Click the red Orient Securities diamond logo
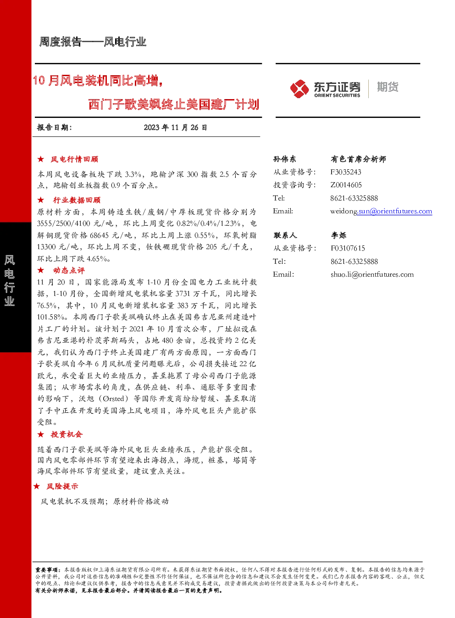pyautogui.click(x=299, y=89)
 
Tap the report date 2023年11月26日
pyautogui.click(x=175, y=128)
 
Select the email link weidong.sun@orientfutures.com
pyautogui.click(x=381, y=212)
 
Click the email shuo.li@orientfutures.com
pyautogui.click(x=372, y=274)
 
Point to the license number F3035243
pyautogui.click(x=346, y=172)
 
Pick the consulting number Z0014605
pyautogui.click(x=346, y=185)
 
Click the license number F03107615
pyautogui.click(x=348, y=248)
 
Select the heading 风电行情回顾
pyautogui.click(x=74, y=159)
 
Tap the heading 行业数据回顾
pyautogui.click(x=77, y=200)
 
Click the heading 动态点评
pyautogui.click(x=69, y=270)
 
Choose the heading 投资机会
pyautogui.click(x=67, y=434)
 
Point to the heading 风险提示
pyautogui.click(x=62, y=486)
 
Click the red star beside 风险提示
pyautogui.click(x=36, y=486)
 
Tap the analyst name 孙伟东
pyautogui.click(x=284, y=159)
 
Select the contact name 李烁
pyautogui.click(x=338, y=235)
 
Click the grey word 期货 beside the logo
pyautogui.click(x=388, y=87)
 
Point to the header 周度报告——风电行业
pyautogui.click(x=93, y=42)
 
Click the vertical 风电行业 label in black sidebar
pyautogui.click(x=10, y=281)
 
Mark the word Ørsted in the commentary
pyautogui.click(x=113, y=399)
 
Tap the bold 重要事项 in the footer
pyautogui.click(x=46, y=569)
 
